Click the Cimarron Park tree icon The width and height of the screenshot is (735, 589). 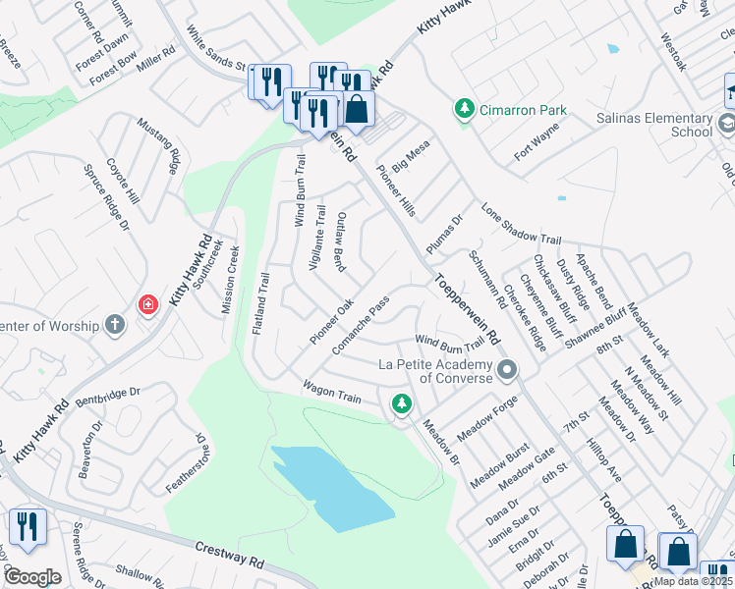tap(464, 109)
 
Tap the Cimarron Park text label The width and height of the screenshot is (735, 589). tap(523, 109)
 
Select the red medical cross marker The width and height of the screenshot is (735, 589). tap(147, 305)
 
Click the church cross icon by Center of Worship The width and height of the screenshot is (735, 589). tap(115, 326)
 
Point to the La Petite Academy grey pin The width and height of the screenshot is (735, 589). tap(507, 370)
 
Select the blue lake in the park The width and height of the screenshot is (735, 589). tap(334, 487)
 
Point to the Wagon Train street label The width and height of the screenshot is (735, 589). tap(332, 393)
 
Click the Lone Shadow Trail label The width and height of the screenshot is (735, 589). tap(521, 224)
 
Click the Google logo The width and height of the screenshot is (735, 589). tap(31, 576)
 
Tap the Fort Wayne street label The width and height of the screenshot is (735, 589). tap(537, 141)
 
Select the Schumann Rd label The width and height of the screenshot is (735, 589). tap(486, 278)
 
